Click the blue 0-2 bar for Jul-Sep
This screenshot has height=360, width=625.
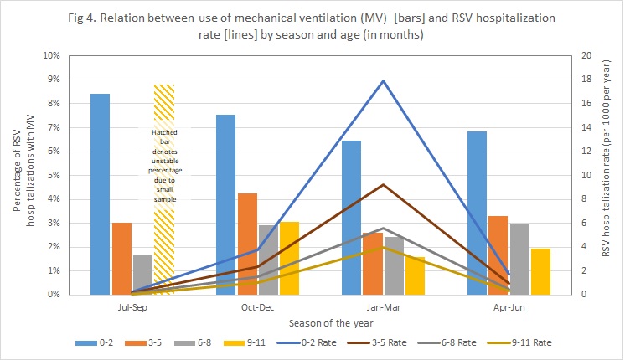click(x=100, y=194)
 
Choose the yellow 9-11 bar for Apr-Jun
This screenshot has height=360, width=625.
click(x=540, y=271)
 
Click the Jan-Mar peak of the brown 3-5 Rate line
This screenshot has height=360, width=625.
click(x=383, y=184)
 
